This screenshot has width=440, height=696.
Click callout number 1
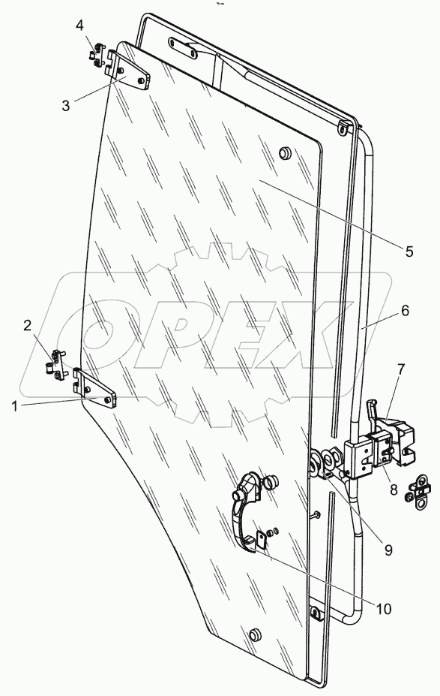(15, 405)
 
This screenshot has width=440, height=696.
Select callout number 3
(65, 106)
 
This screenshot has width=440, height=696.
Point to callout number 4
(79, 25)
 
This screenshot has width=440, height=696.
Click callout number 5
(409, 252)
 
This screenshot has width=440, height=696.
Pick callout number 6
(406, 310)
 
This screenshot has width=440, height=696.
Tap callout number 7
(401, 368)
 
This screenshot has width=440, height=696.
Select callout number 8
(394, 491)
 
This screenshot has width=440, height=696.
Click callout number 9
(388, 550)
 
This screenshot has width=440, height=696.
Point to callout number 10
(384, 609)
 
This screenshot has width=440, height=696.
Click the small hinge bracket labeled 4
(96, 56)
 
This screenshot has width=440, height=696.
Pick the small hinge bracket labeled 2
(55, 366)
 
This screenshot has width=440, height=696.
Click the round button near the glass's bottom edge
(255, 635)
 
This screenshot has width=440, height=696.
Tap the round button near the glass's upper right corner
(285, 153)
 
